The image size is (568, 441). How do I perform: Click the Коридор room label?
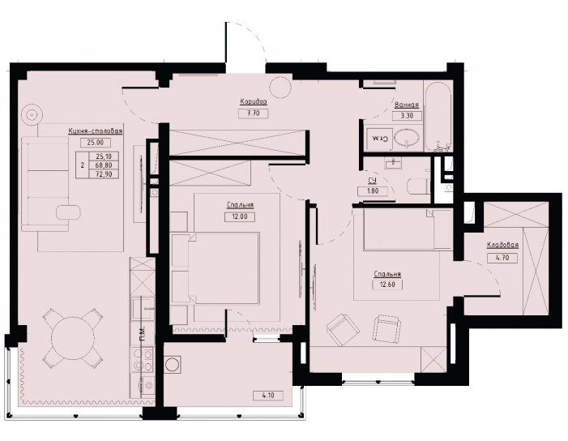point(253,101)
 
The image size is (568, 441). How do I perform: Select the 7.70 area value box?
point(254,113)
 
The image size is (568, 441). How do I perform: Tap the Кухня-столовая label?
point(96,131)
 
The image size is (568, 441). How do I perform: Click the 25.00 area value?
point(96,143)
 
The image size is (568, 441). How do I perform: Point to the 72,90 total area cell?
point(103,174)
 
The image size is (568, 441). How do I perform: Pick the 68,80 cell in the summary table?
point(103,165)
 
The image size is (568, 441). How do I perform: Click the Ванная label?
point(407,105)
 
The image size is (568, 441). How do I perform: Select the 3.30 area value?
point(407,116)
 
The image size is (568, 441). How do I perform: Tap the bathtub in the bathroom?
point(438,117)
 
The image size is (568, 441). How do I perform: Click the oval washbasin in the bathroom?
point(408,139)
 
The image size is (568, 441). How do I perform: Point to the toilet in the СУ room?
point(417,187)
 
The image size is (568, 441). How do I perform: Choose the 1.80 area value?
point(373,191)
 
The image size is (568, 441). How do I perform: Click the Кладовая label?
point(502,246)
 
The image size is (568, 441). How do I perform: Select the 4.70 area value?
point(502,258)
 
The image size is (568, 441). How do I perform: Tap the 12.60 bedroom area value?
point(387,285)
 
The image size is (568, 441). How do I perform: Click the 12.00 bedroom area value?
point(240,216)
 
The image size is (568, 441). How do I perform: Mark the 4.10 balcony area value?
point(268,396)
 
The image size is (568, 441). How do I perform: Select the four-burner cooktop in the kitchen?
point(143,360)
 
